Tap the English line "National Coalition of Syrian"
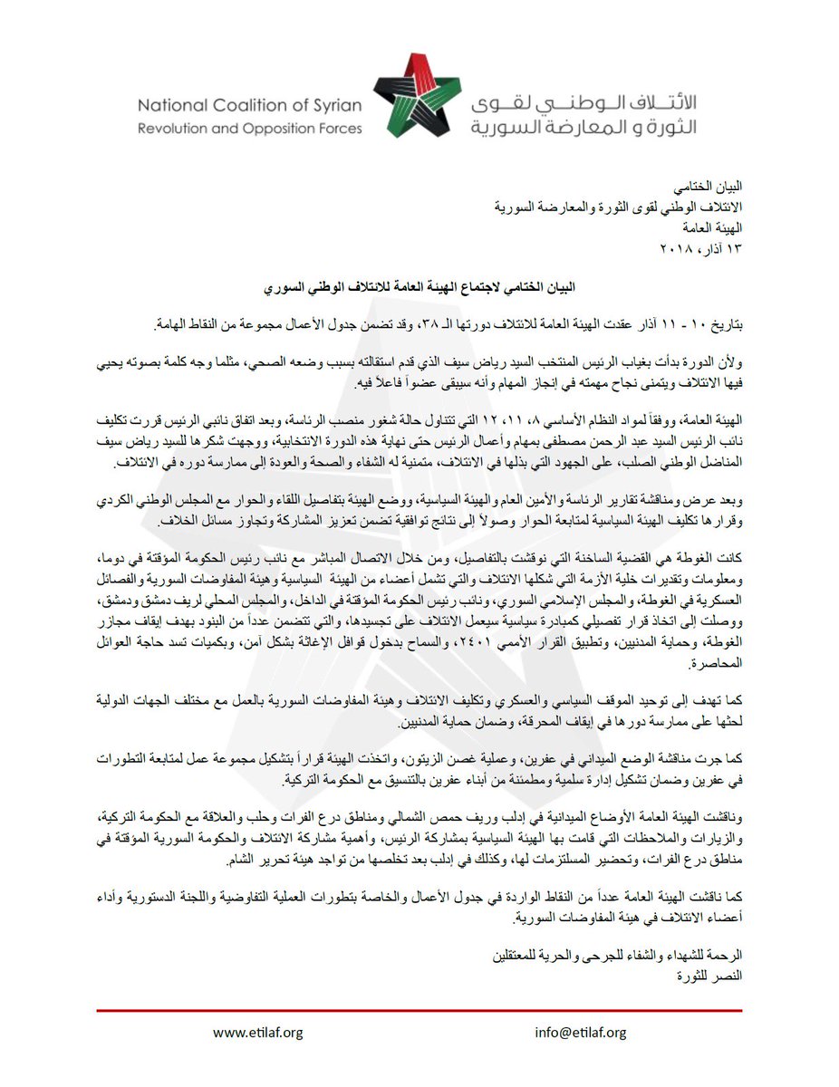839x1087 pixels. (x=250, y=105)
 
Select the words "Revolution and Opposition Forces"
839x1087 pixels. (x=250, y=129)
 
